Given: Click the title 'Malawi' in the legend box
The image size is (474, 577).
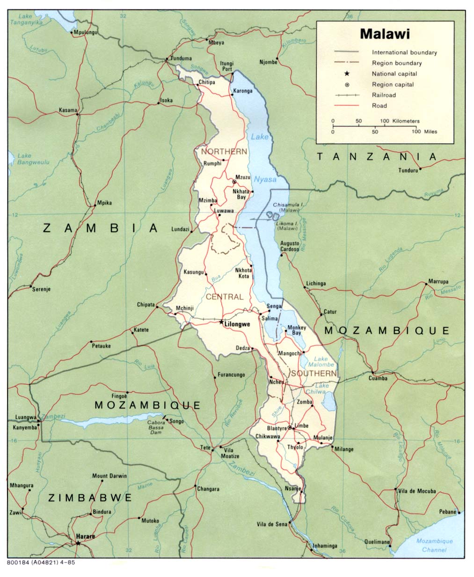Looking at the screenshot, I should pyautogui.click(x=385, y=34).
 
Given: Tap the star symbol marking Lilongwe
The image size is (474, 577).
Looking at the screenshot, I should pyautogui.click(x=221, y=321).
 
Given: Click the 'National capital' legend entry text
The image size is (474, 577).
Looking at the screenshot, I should pyautogui.click(x=394, y=74).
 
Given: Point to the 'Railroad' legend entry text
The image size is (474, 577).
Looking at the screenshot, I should pyautogui.click(x=384, y=95).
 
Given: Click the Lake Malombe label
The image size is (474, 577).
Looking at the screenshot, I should pyautogui.click(x=321, y=361).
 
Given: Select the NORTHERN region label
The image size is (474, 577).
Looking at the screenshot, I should pyautogui.click(x=224, y=152).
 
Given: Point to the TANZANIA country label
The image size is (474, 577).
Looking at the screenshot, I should pyautogui.click(x=377, y=157).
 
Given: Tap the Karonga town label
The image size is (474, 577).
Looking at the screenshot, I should pyautogui.click(x=242, y=91).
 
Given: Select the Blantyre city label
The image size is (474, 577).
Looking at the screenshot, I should pyautogui.click(x=277, y=428).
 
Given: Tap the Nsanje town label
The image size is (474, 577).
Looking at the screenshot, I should pyautogui.click(x=292, y=489).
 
